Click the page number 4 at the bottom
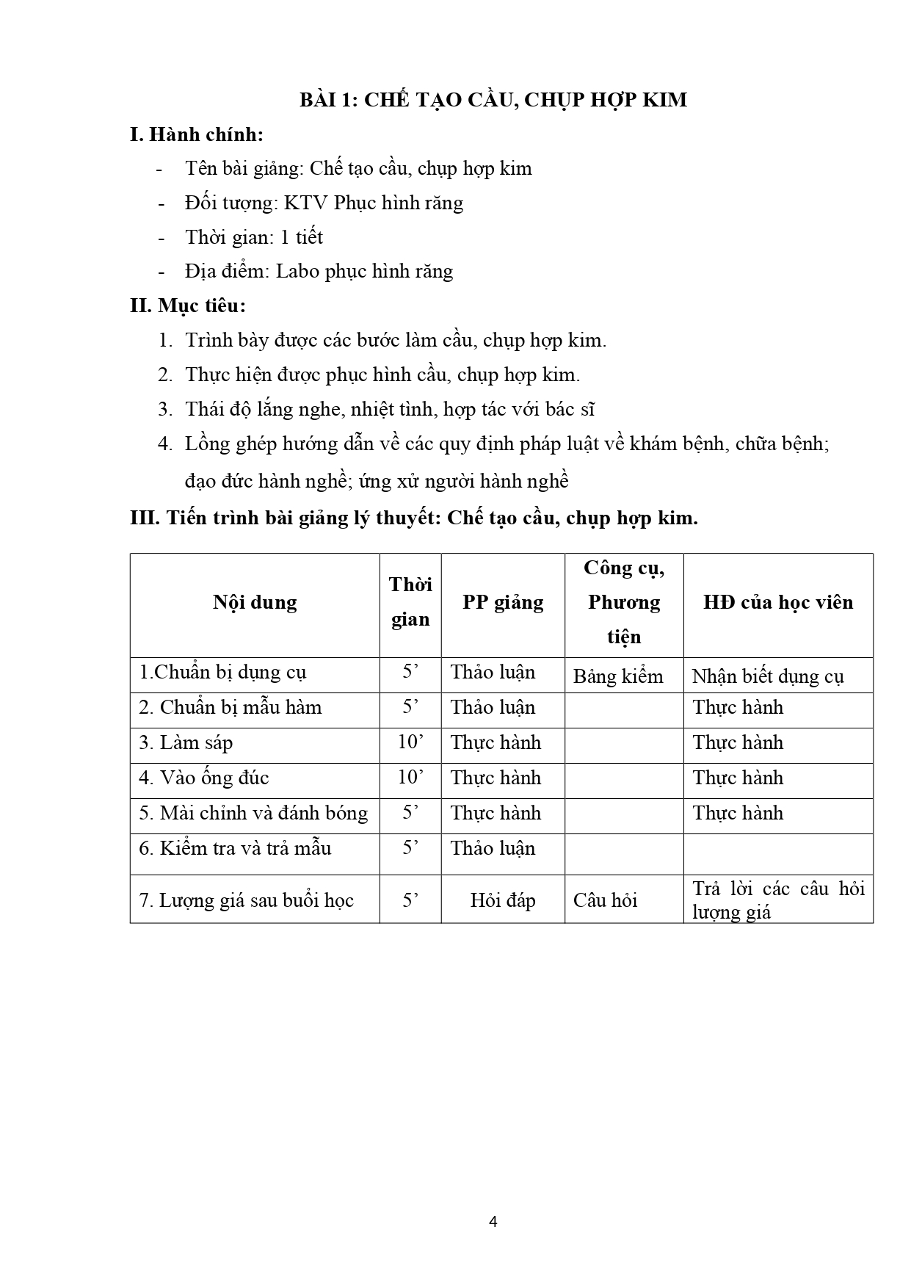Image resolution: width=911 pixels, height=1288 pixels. [493, 1222]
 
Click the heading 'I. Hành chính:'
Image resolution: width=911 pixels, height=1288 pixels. [196, 134]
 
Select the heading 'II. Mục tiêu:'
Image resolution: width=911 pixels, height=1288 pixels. [187, 305]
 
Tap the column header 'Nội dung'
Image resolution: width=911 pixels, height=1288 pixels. [255, 603]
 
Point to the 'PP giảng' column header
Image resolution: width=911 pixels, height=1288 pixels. [503, 603]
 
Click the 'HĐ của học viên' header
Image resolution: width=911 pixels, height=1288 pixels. [778, 603]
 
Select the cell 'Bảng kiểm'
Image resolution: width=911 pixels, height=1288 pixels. [618, 676]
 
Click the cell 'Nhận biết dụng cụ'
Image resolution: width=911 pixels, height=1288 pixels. [768, 676]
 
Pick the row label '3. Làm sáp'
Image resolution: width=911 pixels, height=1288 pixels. [186, 743]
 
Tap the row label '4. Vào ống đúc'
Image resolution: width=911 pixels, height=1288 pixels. [204, 778]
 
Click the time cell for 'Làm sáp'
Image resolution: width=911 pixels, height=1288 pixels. [410, 742]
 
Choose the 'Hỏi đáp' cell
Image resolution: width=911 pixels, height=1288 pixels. [503, 900]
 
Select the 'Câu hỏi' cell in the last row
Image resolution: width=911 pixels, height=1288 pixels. [605, 900]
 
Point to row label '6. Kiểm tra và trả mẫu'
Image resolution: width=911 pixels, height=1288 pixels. [235, 849]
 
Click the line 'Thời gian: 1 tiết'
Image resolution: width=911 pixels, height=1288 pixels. [254, 237]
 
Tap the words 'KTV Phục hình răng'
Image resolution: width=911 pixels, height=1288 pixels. [374, 203]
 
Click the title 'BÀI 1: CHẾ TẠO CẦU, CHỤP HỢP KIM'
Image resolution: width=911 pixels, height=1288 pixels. [493, 99]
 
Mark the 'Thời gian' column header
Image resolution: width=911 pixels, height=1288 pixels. [410, 602]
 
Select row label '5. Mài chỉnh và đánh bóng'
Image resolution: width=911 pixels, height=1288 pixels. [253, 814]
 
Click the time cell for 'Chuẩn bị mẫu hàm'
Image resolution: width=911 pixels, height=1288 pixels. [410, 707]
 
